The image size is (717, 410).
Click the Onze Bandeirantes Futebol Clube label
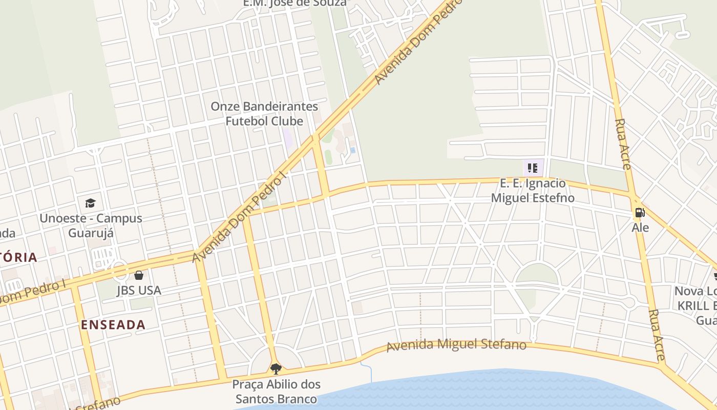coord(265,114)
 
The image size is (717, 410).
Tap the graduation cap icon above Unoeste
coord(91,203)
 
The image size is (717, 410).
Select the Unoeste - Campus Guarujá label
coord(91,225)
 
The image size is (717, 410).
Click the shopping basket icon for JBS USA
coord(139,275)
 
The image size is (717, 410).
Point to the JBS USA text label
coord(139,290)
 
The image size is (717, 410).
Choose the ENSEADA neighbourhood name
coord(113,324)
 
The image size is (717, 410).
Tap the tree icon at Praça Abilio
coord(276,368)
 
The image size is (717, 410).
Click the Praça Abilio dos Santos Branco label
coord(277,392)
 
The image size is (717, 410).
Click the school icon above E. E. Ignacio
coord(533,168)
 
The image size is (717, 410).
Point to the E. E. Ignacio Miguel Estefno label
coord(533,191)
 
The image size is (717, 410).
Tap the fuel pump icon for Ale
coord(640,212)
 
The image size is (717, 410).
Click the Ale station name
coord(640,227)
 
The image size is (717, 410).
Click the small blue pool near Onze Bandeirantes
coord(353,150)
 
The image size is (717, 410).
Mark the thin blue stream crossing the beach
coord(367,370)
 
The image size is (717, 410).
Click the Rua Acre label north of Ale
coord(623,144)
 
